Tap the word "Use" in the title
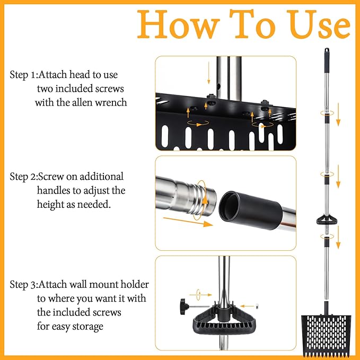[x=320, y=24]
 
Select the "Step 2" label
[x=23, y=177]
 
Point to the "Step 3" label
[x=23, y=285]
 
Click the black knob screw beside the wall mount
[x=185, y=306]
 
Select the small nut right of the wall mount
[x=257, y=306]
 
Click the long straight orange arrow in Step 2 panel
[x=188, y=222]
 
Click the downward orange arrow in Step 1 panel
[x=209, y=73]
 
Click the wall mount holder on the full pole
[x=327, y=219]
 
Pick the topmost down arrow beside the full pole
[x=338, y=115]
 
